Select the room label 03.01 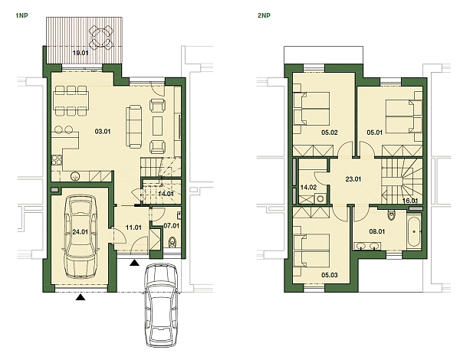[x=103, y=131]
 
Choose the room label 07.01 [x=171, y=226]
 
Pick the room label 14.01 [x=165, y=195]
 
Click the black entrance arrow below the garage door [x=80, y=299]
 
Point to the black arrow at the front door [x=136, y=263]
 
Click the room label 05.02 [x=330, y=132]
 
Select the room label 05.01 [x=374, y=132]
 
